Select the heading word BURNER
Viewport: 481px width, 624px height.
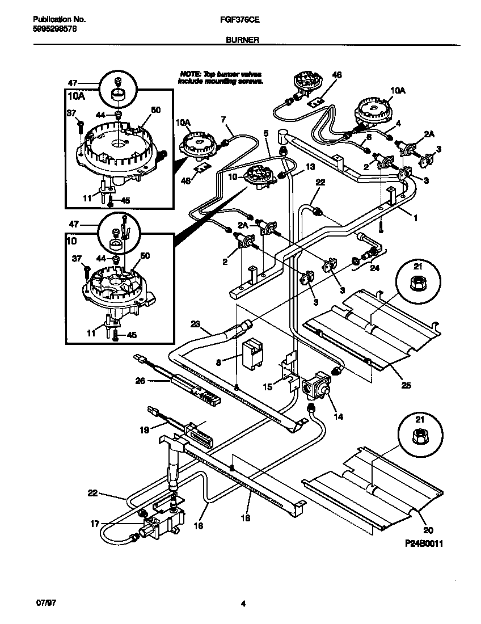243,40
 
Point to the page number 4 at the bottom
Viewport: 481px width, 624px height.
243,604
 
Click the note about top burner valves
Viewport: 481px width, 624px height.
221,78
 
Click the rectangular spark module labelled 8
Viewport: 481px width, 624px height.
250,355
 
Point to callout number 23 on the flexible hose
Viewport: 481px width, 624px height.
196,324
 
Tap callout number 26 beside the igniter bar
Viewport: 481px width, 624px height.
139,382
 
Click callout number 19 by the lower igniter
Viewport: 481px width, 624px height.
145,429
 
